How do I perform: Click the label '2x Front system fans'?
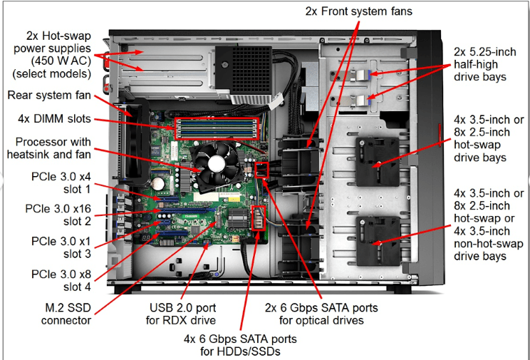point(359,11)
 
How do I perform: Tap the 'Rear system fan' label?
point(49,95)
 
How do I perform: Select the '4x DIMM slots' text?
point(50,120)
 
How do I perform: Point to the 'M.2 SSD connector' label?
point(56,314)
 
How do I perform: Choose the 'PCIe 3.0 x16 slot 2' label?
point(58,215)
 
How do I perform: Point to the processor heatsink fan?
point(219,160)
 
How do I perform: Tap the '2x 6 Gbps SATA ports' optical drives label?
point(321,314)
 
